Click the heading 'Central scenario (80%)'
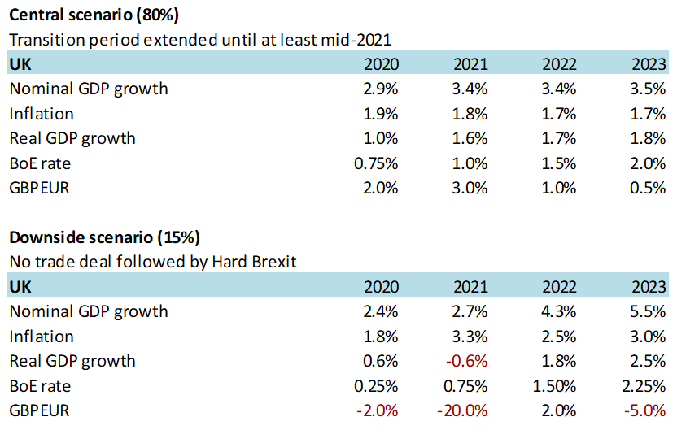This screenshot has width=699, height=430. pyautogui.click(x=94, y=14)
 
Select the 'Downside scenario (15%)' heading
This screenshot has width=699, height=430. pyautogui.click(x=104, y=237)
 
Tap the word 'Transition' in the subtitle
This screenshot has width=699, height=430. pyautogui.click(x=42, y=39)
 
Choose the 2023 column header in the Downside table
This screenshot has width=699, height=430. pyautogui.click(x=649, y=287)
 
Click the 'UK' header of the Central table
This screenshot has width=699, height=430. pyautogui.click(x=20, y=64)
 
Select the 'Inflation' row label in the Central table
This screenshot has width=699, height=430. pyautogui.click(x=41, y=114)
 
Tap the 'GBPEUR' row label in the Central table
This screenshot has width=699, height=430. pyautogui.click(x=39, y=188)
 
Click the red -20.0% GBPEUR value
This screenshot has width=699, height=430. pyautogui.click(x=463, y=410)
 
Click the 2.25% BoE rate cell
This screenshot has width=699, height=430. pyautogui.click(x=644, y=386)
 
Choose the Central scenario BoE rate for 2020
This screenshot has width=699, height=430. pyautogui.click(x=376, y=163)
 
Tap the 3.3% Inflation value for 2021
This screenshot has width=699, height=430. pyautogui.click(x=470, y=337)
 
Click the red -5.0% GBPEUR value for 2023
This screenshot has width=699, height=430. pyautogui.click(x=645, y=410)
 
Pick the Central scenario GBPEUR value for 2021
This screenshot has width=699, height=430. pyautogui.click(x=470, y=188)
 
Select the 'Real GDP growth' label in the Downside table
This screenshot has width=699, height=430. pyautogui.click(x=72, y=361)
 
